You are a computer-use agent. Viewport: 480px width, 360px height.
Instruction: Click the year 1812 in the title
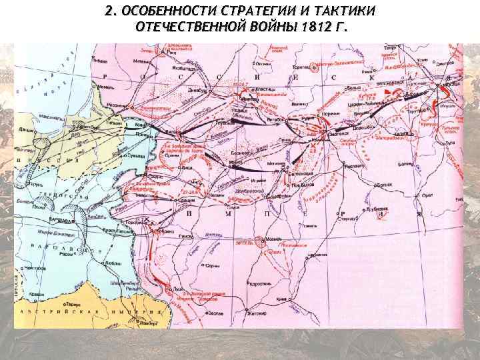[x=314, y=27]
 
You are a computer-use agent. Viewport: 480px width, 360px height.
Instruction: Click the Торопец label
[x=301, y=67]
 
